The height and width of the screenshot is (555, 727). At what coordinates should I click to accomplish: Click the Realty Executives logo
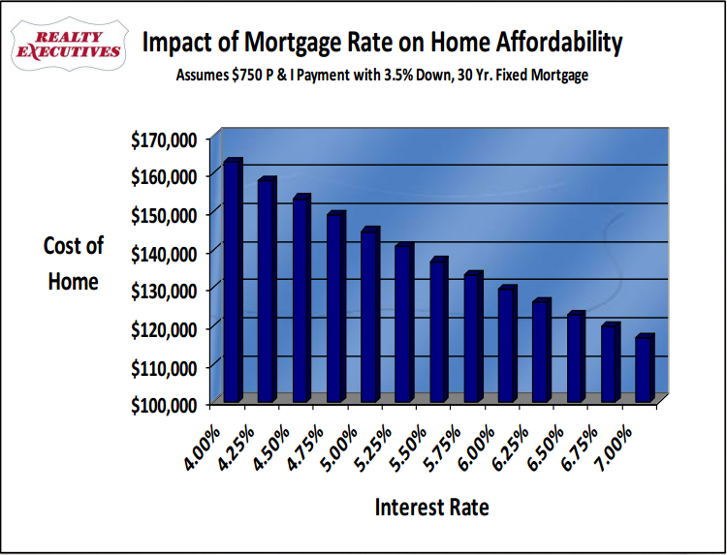tap(69, 44)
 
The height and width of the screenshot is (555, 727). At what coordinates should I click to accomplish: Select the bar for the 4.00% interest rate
tap(233, 280)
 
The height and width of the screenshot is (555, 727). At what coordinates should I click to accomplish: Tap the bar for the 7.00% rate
tap(645, 367)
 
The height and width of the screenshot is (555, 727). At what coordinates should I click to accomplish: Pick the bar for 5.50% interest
tap(438, 329)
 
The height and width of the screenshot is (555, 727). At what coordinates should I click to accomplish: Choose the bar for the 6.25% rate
tap(542, 351)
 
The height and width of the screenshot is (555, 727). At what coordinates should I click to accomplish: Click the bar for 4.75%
tap(335, 307)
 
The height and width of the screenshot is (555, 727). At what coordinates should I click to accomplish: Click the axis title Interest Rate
tap(431, 508)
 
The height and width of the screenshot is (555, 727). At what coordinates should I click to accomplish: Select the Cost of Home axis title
tap(74, 263)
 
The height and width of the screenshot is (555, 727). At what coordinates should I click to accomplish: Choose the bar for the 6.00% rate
tap(507, 344)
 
